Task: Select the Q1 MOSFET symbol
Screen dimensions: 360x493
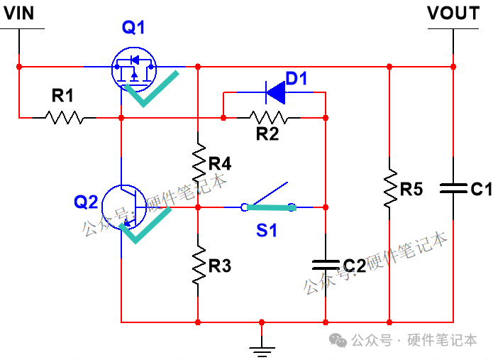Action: [133, 67]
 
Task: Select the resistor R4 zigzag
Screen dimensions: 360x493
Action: [199, 163]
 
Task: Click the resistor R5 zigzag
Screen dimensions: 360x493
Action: [389, 189]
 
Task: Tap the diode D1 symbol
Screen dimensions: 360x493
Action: [275, 92]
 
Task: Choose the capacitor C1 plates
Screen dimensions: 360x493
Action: [453, 188]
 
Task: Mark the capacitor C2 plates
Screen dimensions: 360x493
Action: [325, 264]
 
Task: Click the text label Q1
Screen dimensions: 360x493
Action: [133, 28]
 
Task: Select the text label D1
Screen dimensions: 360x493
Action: [297, 78]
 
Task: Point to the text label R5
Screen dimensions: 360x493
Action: [411, 190]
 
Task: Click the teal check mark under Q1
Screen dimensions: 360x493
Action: [153, 89]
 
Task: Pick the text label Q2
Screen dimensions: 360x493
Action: [87, 202]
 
